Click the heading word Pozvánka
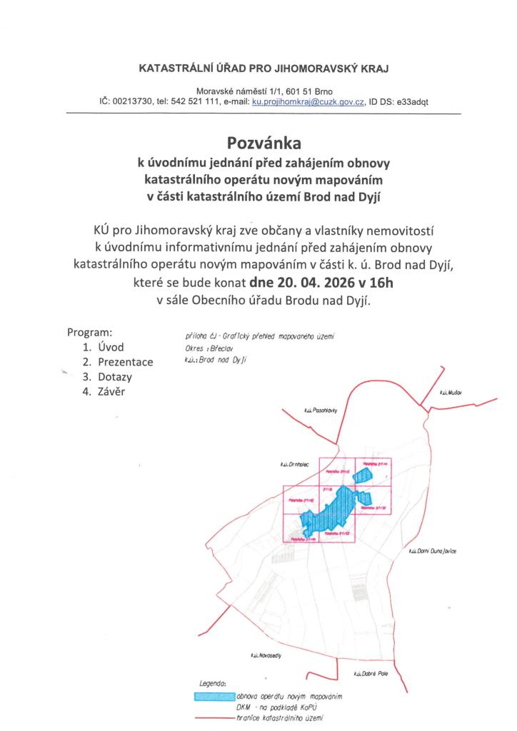[258, 143]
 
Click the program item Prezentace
[126, 362]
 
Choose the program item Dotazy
[115, 376]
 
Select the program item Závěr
[113, 391]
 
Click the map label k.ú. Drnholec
[293, 465]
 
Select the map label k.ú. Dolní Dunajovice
[433, 551]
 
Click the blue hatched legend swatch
[214, 695]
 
